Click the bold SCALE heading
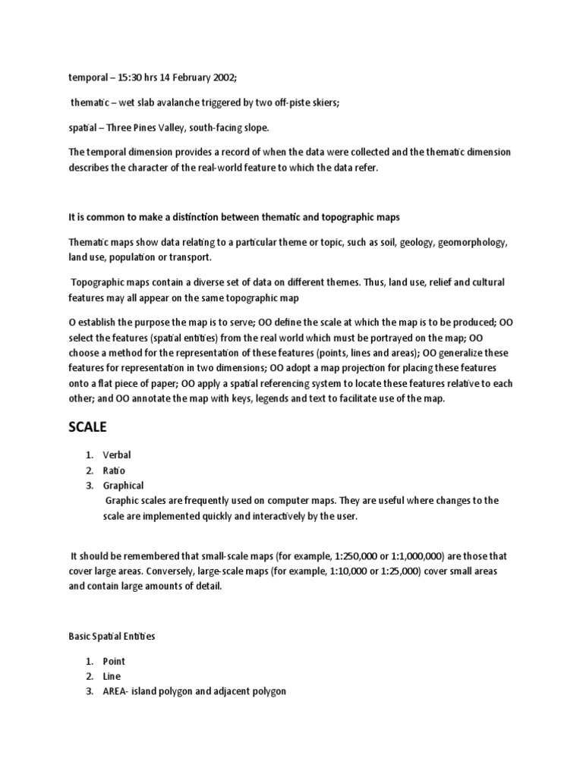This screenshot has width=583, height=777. (87, 428)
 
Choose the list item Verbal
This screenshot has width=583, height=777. (118, 455)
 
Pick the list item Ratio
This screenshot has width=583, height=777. (114, 470)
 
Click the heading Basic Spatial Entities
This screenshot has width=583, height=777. (115, 635)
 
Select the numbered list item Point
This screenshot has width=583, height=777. (115, 661)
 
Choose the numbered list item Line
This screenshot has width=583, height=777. (112, 676)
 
